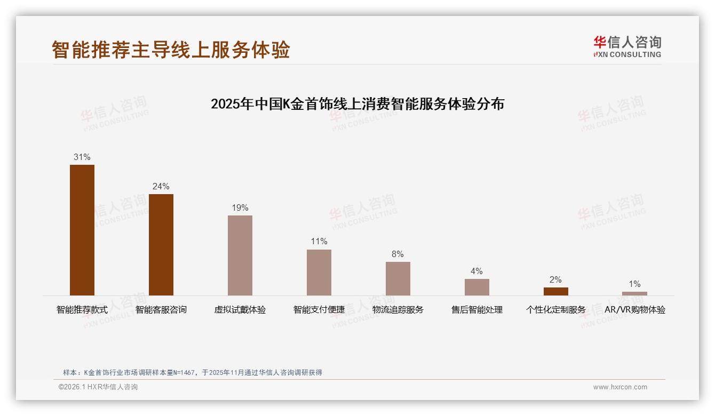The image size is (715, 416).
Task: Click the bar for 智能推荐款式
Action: (x=82, y=230)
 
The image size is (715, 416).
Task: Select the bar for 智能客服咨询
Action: (x=161, y=244)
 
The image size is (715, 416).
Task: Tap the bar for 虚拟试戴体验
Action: (x=240, y=255)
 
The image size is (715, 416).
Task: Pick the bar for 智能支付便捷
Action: (x=319, y=272)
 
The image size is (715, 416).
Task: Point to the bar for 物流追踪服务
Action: (x=398, y=278)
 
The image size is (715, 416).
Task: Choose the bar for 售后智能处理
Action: (x=477, y=287)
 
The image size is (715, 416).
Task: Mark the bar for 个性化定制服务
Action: (x=556, y=291)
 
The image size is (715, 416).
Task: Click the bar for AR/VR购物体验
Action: (x=634, y=293)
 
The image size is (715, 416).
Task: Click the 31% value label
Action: (x=82, y=157)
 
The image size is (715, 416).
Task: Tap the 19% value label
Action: (x=240, y=207)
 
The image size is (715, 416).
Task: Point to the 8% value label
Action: (x=398, y=254)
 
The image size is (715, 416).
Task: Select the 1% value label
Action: (x=634, y=284)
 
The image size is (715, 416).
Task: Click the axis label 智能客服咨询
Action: (x=161, y=309)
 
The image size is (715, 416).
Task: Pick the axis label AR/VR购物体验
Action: (x=635, y=309)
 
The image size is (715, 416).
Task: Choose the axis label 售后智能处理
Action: (x=477, y=309)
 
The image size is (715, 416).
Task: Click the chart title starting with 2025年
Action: (x=357, y=103)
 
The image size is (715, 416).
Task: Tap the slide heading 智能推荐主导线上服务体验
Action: (x=171, y=50)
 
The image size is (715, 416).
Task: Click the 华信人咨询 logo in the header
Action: (x=627, y=46)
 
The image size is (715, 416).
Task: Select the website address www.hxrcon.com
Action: (x=620, y=387)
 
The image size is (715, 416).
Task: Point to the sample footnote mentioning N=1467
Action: (x=193, y=372)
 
